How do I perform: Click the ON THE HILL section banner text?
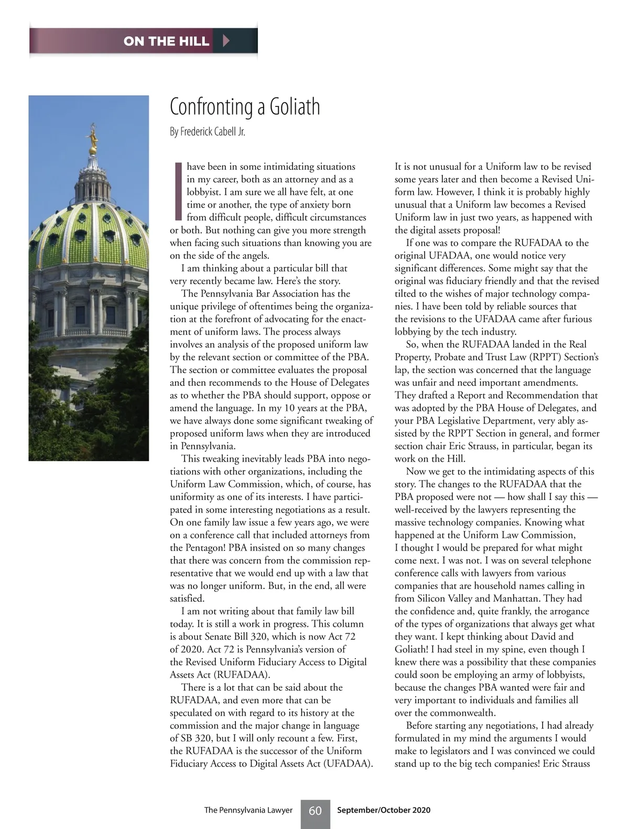(166, 41)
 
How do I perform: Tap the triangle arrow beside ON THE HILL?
(226, 41)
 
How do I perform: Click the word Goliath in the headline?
(295, 107)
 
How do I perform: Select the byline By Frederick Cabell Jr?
(208, 132)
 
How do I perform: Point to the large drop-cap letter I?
(177, 192)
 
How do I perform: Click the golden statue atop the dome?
(93, 137)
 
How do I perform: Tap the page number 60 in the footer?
(315, 811)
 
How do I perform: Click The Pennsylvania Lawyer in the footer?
(248, 810)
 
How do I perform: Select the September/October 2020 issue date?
(384, 810)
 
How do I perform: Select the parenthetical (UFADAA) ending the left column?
(348, 763)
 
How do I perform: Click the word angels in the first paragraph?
(255, 255)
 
